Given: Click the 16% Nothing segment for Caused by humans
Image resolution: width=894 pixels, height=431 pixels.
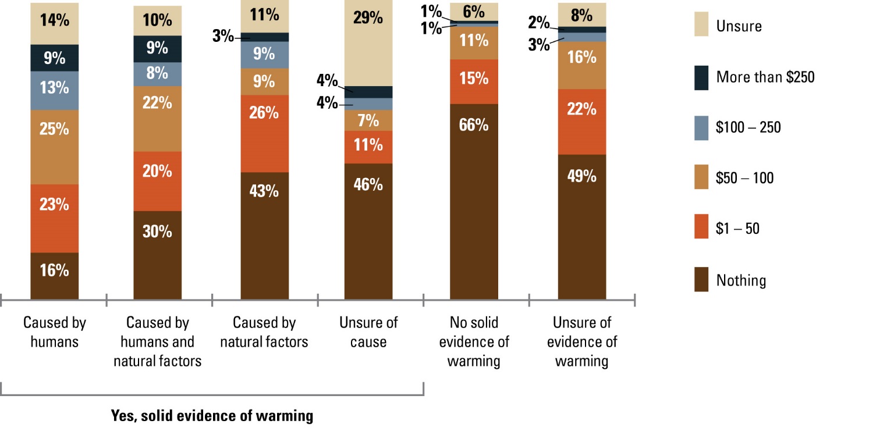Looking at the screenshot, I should tap(54, 276).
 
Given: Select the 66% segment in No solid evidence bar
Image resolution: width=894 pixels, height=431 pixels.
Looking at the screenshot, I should tap(474, 201).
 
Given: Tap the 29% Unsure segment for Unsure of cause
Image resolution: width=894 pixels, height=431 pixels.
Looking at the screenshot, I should tap(368, 43).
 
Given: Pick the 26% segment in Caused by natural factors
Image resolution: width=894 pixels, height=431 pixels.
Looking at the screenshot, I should tap(264, 133).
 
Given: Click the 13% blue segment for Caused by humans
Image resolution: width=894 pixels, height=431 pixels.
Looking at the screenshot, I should tap(54, 90).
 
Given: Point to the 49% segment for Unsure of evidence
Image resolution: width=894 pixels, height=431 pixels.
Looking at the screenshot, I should tap(582, 226).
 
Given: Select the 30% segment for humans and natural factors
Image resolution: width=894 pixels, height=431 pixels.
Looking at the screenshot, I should tap(157, 255).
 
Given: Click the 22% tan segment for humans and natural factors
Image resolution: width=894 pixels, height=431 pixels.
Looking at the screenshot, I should tap(157, 119).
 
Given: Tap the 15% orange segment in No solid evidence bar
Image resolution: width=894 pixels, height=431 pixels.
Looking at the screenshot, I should tap(474, 81).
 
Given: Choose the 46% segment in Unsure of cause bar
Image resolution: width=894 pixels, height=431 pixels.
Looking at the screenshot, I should tap(368, 231).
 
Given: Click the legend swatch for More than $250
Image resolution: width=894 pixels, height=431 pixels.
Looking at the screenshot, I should tap(701, 77).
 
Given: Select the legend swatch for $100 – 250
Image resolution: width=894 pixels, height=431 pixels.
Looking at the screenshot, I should tap(701, 128).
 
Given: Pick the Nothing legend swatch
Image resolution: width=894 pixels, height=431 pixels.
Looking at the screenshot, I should tap(701, 280).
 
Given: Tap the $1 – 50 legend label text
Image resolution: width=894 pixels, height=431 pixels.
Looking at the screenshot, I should tap(737, 229).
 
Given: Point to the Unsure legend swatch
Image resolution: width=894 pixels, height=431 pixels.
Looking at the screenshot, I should tap(701, 26).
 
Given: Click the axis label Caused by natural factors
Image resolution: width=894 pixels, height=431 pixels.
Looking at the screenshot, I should tap(264, 332).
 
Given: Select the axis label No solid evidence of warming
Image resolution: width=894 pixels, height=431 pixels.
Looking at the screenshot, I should tap(474, 341).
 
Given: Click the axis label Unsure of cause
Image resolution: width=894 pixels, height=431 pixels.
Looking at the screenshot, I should tap(368, 332).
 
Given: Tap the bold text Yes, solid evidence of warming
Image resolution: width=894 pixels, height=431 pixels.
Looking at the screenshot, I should tap(212, 416).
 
